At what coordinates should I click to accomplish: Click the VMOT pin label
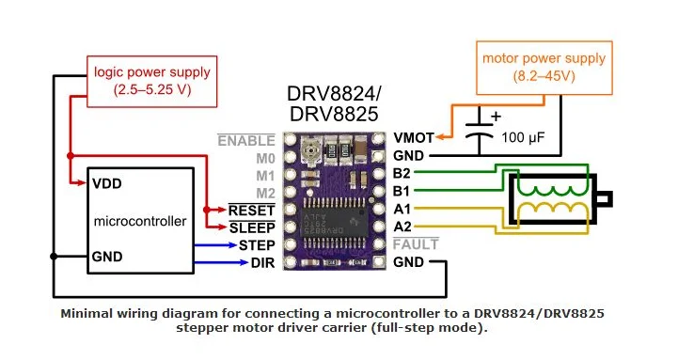coord(414,138)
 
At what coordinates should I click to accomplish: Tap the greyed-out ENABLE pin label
coord(246,140)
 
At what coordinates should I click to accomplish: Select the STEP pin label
coord(257,245)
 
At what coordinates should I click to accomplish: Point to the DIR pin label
coord(263,263)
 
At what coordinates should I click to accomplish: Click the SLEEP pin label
coord(252,227)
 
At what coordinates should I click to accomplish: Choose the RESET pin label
coord(252,211)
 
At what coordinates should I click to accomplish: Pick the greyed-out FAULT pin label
coord(416,244)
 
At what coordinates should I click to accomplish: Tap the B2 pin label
coord(402,173)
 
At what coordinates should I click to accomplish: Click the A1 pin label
coord(402,210)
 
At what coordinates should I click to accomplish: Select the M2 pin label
coord(265,194)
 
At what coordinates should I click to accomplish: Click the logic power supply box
coord(151,81)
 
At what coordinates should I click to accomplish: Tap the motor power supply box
coord(544,68)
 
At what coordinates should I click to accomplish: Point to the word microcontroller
coord(140,221)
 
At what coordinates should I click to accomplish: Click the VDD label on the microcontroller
coord(107,183)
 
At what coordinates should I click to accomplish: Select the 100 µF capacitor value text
coord(523,138)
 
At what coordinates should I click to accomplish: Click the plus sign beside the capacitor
coord(496,116)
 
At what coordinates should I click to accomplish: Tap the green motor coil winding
coord(554,190)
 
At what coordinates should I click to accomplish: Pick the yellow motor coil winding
coord(554,209)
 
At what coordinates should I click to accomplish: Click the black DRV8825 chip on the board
coord(335,224)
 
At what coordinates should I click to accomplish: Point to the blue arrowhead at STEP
coord(231,245)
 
